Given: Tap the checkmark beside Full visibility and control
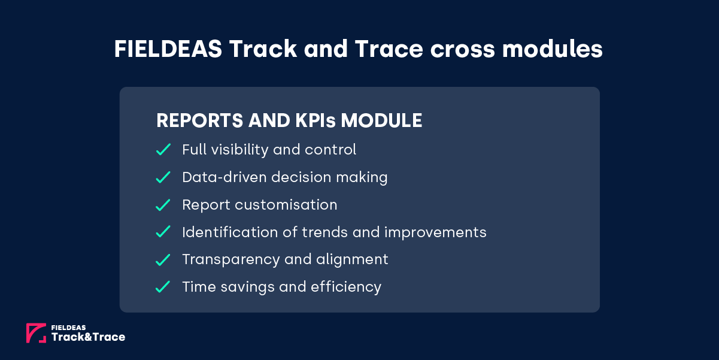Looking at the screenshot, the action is [x=163, y=150].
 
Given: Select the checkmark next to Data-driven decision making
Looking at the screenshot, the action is [x=163, y=177].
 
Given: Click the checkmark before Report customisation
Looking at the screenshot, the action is [x=163, y=205].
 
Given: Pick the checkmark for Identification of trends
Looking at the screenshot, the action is [x=163, y=232].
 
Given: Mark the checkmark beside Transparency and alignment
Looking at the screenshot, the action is [x=163, y=260].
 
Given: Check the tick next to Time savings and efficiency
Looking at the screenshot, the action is [x=163, y=288].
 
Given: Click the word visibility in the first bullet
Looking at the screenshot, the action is [x=238, y=149].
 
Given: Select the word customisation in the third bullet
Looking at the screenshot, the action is [x=286, y=205].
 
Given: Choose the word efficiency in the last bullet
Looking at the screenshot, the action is [x=345, y=287].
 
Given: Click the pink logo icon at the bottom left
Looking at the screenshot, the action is [x=36, y=333].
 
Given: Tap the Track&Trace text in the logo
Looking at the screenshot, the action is [x=89, y=337].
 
